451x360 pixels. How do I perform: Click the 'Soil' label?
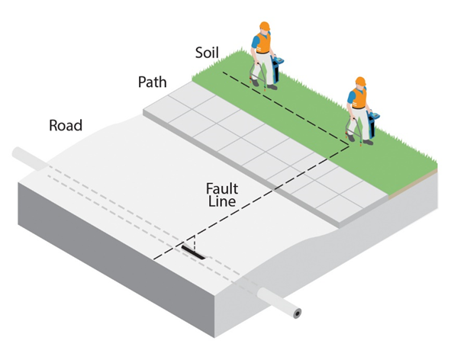[x=207, y=53]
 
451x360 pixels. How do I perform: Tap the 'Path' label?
[x=152, y=82]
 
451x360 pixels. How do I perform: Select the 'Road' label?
[x=66, y=125]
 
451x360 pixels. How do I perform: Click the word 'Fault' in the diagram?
[x=222, y=189]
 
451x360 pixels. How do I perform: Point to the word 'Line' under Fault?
[x=222, y=201]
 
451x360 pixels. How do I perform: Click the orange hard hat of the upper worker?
[x=265, y=26]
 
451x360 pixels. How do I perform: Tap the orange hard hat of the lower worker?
[x=360, y=81]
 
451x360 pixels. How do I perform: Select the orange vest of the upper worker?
[x=263, y=43]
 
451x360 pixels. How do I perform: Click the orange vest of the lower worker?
[x=359, y=98]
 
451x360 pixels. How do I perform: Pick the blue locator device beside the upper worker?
[x=277, y=69]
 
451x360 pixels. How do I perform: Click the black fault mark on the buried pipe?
[x=194, y=252]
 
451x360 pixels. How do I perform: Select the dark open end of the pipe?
[x=298, y=313]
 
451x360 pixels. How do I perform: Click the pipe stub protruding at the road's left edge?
[x=30, y=158]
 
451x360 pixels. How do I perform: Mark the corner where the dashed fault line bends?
[x=349, y=146]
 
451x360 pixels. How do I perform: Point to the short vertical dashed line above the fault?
[x=195, y=243]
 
